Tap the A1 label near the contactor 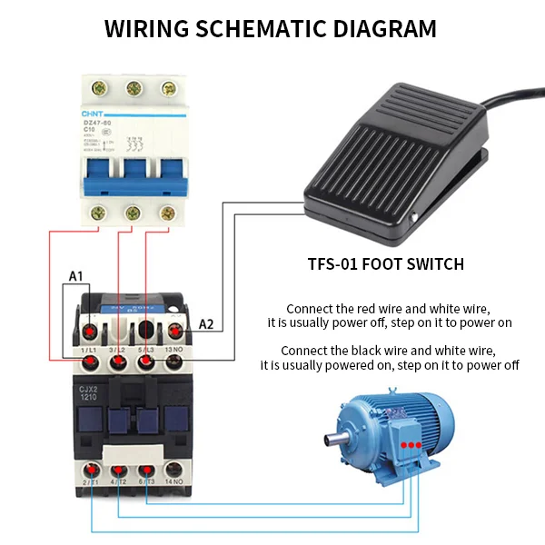(77, 275)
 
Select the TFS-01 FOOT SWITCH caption (386, 264)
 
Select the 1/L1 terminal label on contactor (89, 350)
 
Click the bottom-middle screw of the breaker (133, 213)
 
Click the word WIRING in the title (146, 28)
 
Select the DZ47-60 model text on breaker (98, 122)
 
